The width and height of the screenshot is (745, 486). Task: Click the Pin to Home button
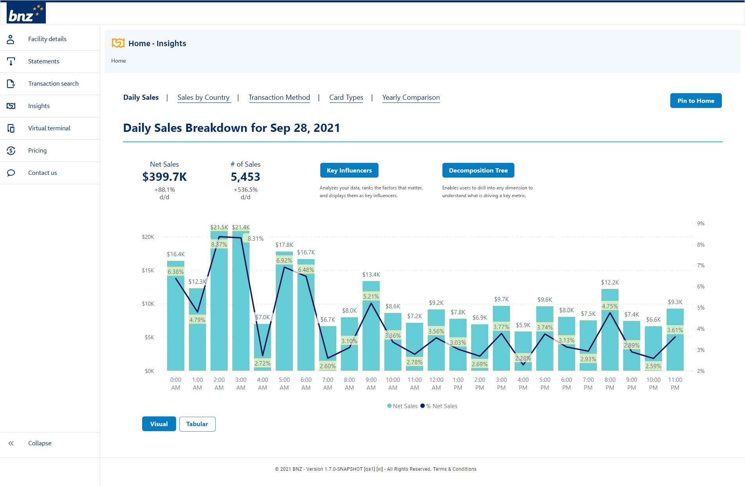[x=696, y=101]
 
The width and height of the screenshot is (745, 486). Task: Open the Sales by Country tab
[x=203, y=97]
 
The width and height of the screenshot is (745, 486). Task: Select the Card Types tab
[x=346, y=97]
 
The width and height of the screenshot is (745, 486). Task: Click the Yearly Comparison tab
[x=411, y=97]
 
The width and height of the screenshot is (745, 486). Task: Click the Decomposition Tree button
[x=478, y=170]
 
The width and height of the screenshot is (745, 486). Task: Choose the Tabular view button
[x=197, y=424]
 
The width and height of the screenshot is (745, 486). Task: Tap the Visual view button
[x=159, y=424]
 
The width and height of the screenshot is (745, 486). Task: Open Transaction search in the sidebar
[x=53, y=84]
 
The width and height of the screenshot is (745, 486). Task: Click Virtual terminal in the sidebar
[x=49, y=128]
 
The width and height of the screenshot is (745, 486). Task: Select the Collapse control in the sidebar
[x=39, y=443]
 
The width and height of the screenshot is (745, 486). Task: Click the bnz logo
[x=26, y=13]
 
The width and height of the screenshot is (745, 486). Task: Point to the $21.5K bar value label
[x=219, y=227]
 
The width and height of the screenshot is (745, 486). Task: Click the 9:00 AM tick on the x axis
[x=371, y=383]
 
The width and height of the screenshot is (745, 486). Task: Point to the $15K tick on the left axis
[x=148, y=270]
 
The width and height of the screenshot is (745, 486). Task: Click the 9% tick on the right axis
[x=700, y=224]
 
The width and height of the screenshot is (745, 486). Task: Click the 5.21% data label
[x=371, y=297]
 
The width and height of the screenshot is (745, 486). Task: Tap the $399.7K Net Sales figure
[x=164, y=177]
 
